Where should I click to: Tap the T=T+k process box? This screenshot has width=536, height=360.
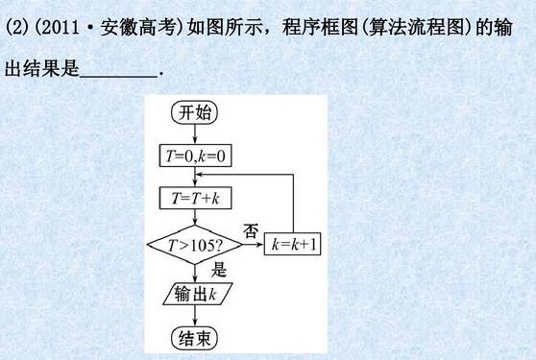tap(195, 198)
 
